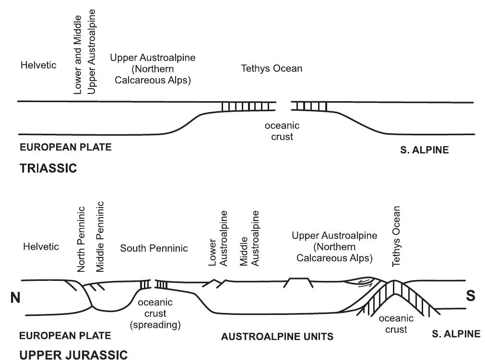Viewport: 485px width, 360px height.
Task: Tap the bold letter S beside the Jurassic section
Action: point(471,295)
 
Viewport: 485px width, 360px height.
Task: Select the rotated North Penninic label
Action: point(81,240)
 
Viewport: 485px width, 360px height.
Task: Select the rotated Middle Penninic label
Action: point(100,237)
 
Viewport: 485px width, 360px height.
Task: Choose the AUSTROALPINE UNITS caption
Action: point(277,337)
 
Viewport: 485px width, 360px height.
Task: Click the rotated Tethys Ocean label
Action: point(396,236)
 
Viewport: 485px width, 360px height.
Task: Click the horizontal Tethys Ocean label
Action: point(272,69)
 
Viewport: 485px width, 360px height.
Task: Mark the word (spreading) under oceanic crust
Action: point(154,325)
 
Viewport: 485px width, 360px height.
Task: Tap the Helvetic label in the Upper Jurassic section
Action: point(41,247)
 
